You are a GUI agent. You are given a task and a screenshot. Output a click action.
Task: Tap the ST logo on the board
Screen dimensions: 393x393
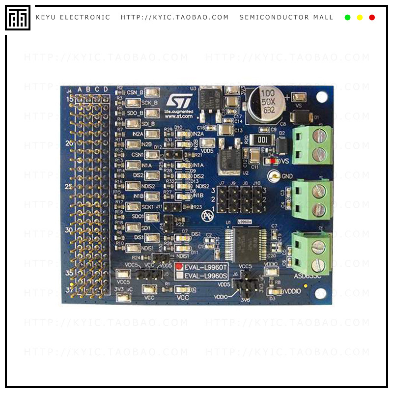(x=176, y=101)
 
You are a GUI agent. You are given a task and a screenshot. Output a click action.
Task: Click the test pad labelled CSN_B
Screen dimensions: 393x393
(x=152, y=92)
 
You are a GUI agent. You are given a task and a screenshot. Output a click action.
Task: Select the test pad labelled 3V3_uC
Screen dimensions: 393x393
(x=123, y=297)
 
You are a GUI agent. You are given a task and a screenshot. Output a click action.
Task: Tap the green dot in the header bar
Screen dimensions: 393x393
(x=348, y=18)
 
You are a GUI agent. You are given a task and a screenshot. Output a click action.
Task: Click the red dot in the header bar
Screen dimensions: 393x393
(x=372, y=18)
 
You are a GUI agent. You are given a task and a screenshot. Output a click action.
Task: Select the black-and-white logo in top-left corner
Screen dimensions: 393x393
(x=18, y=18)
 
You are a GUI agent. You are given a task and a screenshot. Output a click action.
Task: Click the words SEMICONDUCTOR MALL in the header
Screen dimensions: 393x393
(x=286, y=18)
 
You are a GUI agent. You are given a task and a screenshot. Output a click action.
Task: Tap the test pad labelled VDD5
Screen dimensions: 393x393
(x=207, y=142)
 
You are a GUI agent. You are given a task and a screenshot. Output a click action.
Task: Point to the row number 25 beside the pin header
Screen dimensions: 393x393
(x=69, y=186)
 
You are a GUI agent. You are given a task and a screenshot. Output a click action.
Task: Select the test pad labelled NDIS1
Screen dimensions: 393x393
(x=133, y=248)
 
